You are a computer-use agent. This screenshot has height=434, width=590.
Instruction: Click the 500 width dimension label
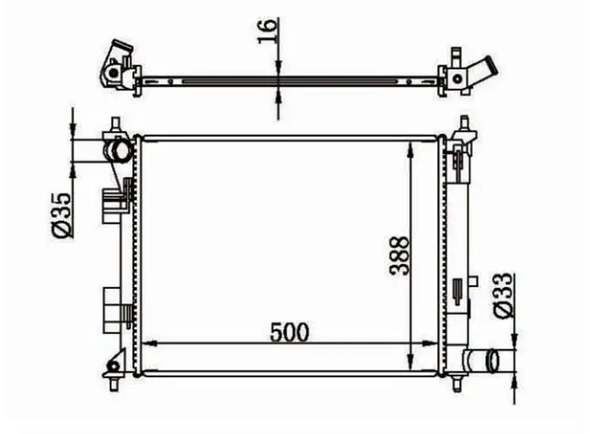click(x=289, y=332)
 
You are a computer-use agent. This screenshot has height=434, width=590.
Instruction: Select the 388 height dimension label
click(x=399, y=256)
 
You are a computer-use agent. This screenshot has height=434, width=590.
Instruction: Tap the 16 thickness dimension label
click(x=267, y=31)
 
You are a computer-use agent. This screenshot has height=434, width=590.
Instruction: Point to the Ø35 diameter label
click(x=61, y=215)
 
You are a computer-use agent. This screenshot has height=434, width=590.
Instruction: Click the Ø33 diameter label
click(x=503, y=295)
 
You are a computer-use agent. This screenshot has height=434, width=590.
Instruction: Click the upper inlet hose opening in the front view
click(x=119, y=150)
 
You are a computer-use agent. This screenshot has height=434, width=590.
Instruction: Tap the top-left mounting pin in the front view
click(x=116, y=124)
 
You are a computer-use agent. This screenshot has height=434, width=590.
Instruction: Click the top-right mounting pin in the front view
click(x=465, y=124)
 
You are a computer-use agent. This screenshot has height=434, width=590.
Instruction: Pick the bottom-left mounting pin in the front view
click(x=113, y=383)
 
